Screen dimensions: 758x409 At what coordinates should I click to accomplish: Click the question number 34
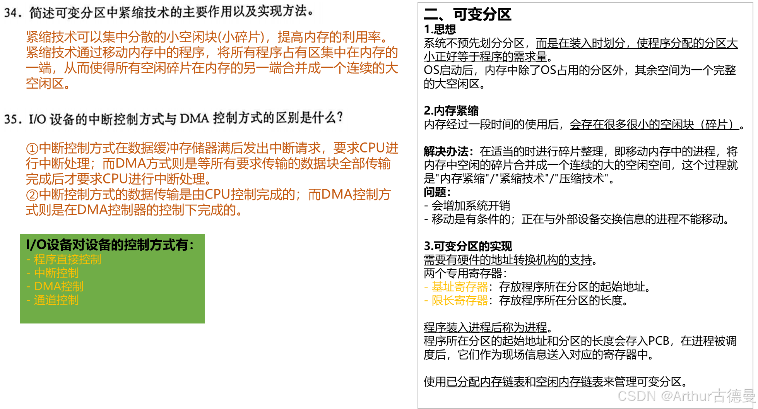[x=12, y=13]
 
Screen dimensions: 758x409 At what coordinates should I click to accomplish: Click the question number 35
[x=12, y=119]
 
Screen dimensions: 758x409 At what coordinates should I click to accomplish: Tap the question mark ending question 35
[x=340, y=117]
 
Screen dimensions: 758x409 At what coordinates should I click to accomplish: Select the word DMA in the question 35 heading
[x=194, y=118]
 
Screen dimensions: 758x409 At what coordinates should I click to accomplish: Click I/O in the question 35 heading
[x=37, y=119]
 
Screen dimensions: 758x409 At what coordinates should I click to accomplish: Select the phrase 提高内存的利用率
[x=329, y=37]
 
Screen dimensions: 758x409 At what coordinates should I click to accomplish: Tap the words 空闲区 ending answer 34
[x=45, y=84]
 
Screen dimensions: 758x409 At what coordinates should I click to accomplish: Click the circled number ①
[x=32, y=149]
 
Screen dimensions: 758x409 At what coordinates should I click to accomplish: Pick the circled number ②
[x=32, y=195]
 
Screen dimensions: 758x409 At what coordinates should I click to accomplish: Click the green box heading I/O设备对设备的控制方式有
[x=109, y=245]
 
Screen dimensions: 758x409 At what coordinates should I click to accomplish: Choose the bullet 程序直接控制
[x=67, y=259]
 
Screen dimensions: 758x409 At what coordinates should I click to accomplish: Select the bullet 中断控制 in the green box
[x=56, y=273]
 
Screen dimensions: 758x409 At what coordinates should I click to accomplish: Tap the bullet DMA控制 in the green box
[x=58, y=286]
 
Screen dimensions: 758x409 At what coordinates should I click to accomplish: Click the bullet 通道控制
[x=56, y=300]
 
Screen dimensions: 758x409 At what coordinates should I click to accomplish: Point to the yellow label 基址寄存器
[x=460, y=287]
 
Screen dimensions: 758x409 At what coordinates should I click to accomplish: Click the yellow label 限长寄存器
[x=460, y=301]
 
